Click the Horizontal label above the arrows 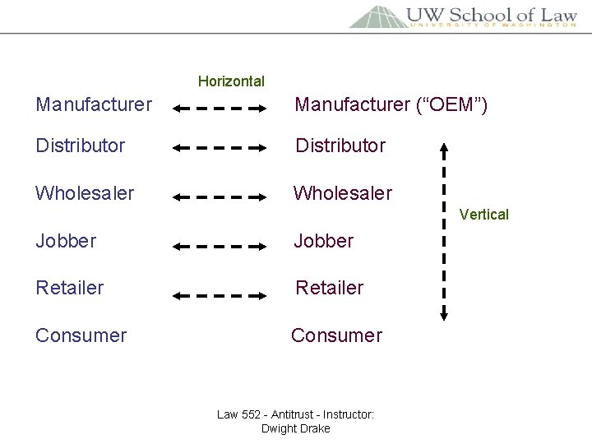tap(231, 81)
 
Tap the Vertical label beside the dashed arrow tap(483, 215)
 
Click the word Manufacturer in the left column tap(94, 104)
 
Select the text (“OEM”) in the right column tap(451, 104)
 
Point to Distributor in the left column tap(81, 146)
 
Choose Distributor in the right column tap(340, 146)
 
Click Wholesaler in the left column tap(85, 193)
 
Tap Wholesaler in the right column tap(344, 193)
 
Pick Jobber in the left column tap(66, 241)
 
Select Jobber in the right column tap(325, 241)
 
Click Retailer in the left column tap(70, 288)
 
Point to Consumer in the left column tap(81, 335)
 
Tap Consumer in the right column tap(337, 335)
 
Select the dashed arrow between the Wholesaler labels tap(220, 197)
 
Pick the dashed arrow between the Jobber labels tap(220, 245)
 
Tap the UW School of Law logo tap(463, 16)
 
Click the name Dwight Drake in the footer tap(295, 428)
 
